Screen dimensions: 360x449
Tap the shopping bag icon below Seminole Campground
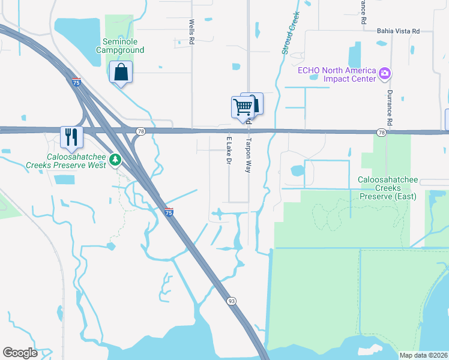[x=121, y=73]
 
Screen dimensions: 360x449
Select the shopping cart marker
[x=243, y=108]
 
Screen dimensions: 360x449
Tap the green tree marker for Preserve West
[x=115, y=160]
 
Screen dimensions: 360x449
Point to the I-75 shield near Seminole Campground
[x=76, y=82]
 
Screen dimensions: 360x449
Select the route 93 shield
[x=231, y=301]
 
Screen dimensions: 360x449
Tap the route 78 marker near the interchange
[x=140, y=131]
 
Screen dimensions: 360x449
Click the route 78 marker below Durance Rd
[x=381, y=132]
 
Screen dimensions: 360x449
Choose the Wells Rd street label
[x=192, y=32]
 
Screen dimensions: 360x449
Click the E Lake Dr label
[x=229, y=150]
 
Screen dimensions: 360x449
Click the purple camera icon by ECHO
[x=385, y=74]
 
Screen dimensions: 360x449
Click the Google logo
[x=20, y=353]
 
